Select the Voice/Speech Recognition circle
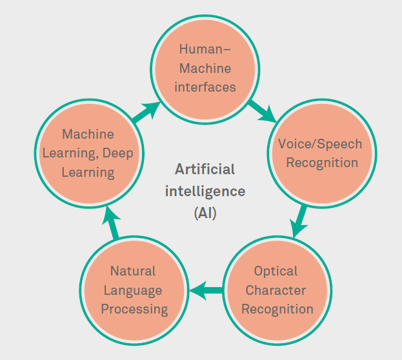pyautogui.click(x=321, y=153)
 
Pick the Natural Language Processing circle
pyautogui.click(x=134, y=290)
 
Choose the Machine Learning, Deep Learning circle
pyautogui.click(x=88, y=153)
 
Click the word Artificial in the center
pyautogui.click(x=205, y=170)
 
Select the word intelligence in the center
pyautogui.click(x=205, y=191)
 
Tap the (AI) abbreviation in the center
pyautogui.click(x=205, y=213)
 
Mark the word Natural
pyautogui.click(x=133, y=271)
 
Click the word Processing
pyautogui.click(x=134, y=310)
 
